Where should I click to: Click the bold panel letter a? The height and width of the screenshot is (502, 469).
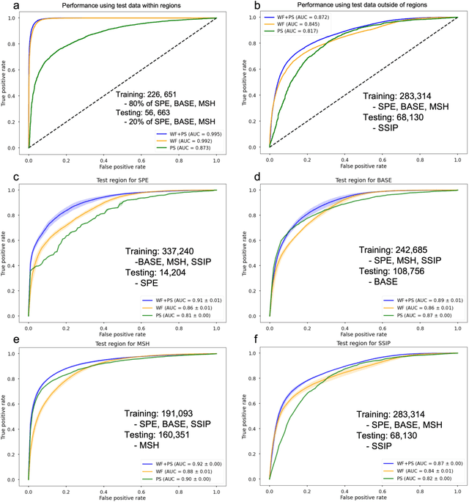pyautogui.click(x=7, y=5)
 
